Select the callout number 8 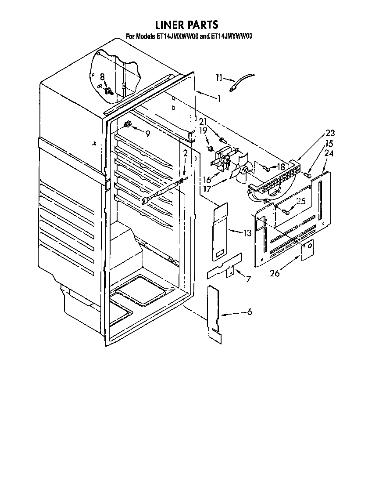click(102, 76)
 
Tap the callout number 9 click(147, 134)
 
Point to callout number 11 click(219, 78)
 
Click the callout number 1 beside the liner click(218, 99)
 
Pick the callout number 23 click(329, 133)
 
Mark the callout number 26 click(275, 273)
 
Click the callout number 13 click(247, 233)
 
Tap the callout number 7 click(248, 279)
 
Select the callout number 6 click(249, 312)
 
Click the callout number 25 click(300, 201)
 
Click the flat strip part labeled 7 click(224, 267)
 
